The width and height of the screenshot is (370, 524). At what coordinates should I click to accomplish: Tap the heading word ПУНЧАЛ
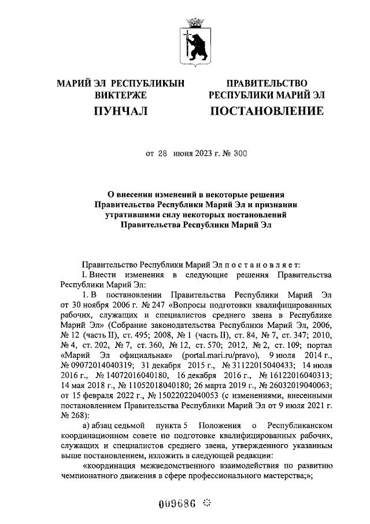[x=121, y=110]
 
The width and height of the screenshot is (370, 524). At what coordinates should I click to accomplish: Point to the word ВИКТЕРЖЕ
[x=121, y=95]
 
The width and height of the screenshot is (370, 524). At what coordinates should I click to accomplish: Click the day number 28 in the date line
[x=163, y=154]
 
